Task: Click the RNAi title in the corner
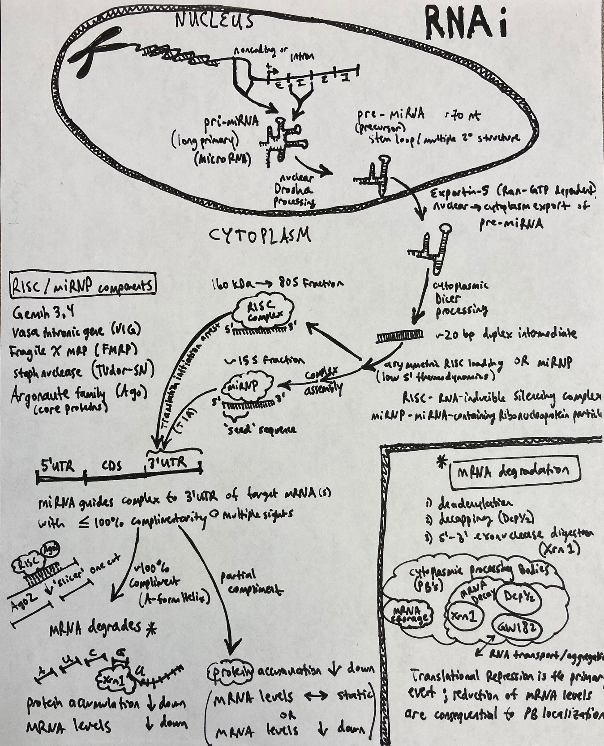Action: pyautogui.click(x=466, y=27)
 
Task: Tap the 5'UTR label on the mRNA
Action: pyautogui.click(x=57, y=466)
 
